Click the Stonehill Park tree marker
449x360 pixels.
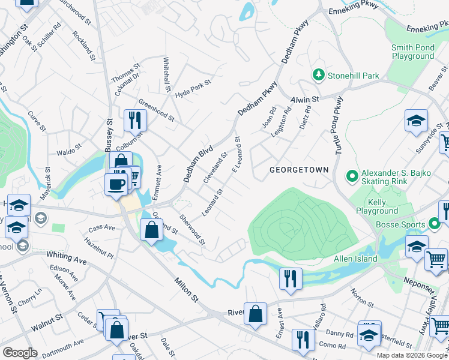(x=318, y=76)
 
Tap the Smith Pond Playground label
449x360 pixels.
(x=412, y=52)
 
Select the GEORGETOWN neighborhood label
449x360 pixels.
(x=299, y=170)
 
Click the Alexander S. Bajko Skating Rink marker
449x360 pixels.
(x=352, y=176)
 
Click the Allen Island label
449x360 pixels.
(x=356, y=259)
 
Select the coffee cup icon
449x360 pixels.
(x=115, y=183)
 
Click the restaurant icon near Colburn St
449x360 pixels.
(x=135, y=120)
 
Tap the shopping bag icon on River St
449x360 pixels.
(x=256, y=314)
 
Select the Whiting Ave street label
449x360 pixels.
(x=67, y=259)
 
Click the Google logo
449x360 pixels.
(x=20, y=353)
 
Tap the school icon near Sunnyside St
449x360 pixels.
(x=416, y=121)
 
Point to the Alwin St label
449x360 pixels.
(x=305, y=98)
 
